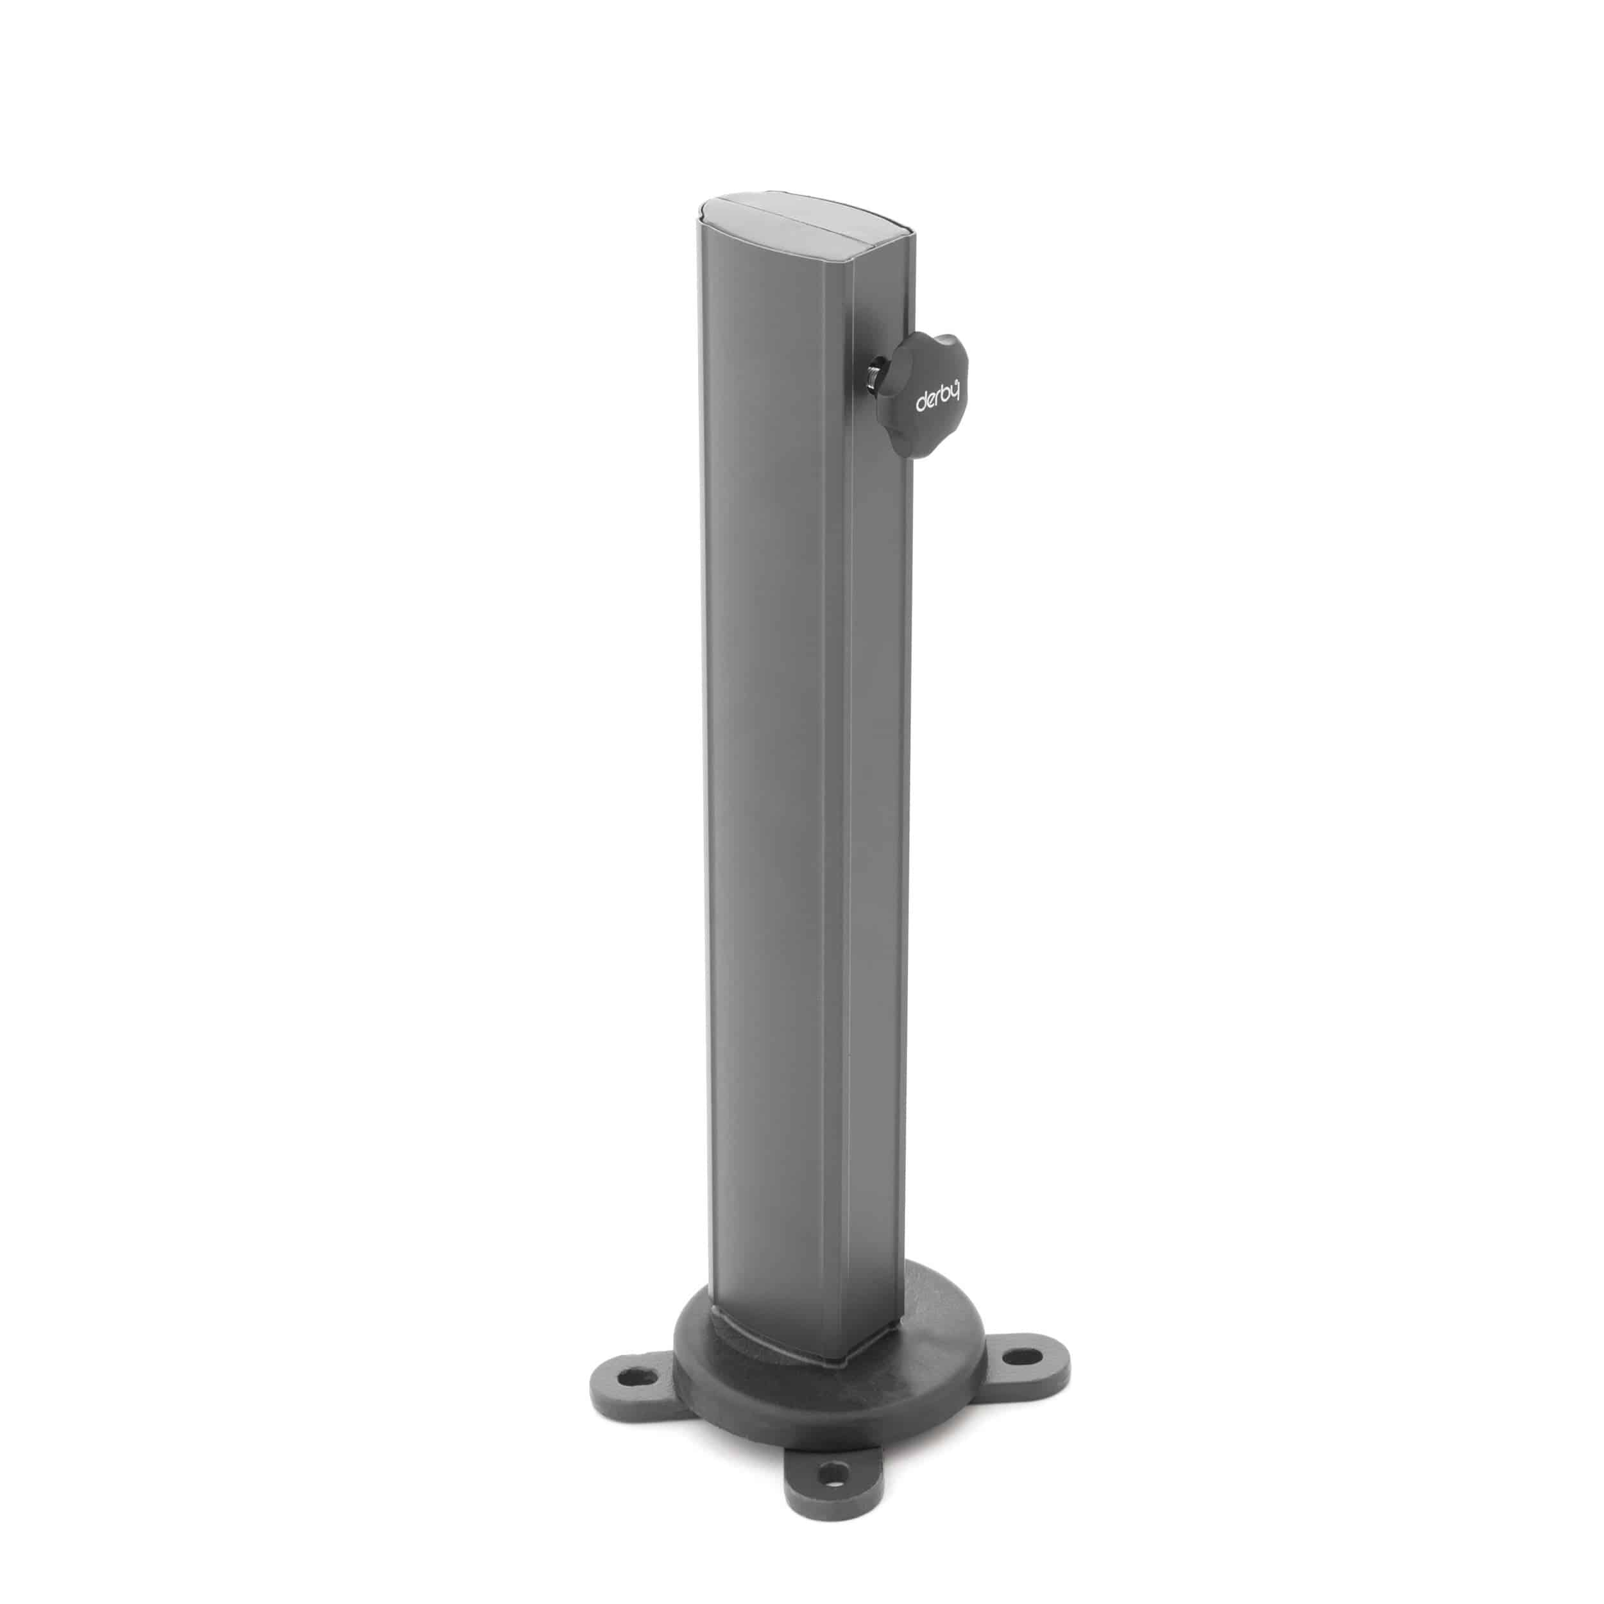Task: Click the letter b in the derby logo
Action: click(946, 397)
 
